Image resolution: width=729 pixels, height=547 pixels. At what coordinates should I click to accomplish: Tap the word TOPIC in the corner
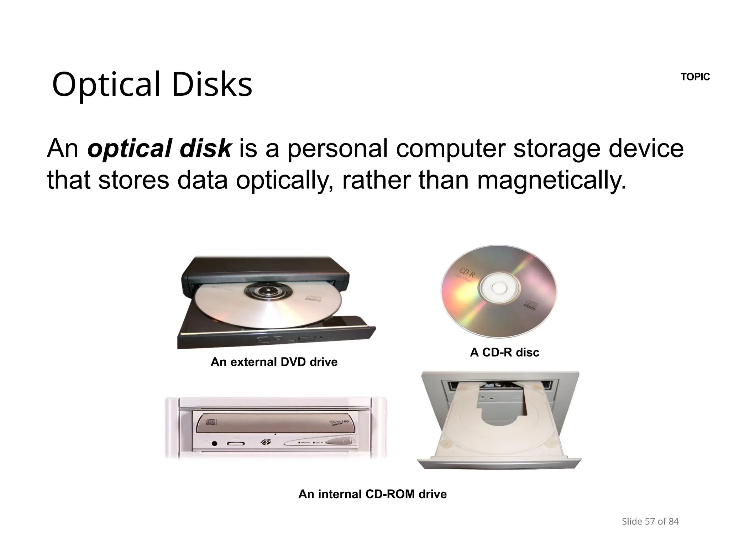click(x=695, y=77)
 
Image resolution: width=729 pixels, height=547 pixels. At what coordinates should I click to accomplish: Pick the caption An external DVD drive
click(x=274, y=362)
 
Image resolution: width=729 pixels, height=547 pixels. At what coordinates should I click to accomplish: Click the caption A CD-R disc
click(x=504, y=353)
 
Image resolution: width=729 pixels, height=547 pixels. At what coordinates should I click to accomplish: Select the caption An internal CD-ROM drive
click(x=372, y=494)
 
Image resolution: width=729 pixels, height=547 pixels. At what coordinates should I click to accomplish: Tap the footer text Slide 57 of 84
click(x=650, y=522)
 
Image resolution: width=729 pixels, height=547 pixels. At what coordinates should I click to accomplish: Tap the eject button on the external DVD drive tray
click(x=306, y=338)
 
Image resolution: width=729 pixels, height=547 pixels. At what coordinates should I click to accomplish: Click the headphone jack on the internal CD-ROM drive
click(x=214, y=443)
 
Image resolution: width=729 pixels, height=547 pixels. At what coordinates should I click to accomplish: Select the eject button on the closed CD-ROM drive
click(x=339, y=442)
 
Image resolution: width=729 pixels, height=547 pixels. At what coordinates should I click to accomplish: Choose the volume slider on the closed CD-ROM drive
click(x=236, y=444)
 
